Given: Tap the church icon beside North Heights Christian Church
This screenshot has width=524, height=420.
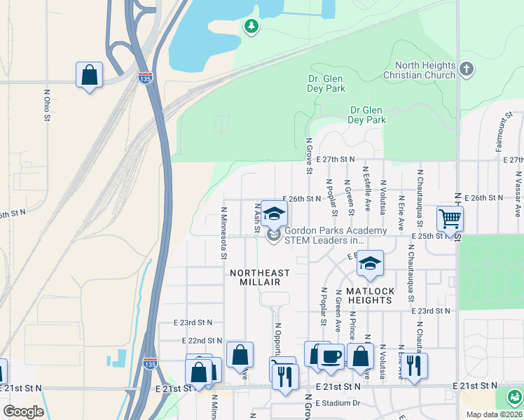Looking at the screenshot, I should (467, 69).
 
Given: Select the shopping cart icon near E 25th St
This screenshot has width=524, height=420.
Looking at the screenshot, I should (450, 218).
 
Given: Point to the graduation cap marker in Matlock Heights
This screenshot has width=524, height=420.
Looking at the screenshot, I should (370, 263).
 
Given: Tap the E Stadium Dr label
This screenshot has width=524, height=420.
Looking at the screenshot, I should (337, 403).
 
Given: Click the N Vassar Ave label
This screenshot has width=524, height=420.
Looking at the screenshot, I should (518, 193).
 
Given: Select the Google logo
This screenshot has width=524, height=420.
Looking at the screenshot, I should (23, 411).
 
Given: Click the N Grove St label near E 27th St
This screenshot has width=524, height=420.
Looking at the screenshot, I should (308, 155).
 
